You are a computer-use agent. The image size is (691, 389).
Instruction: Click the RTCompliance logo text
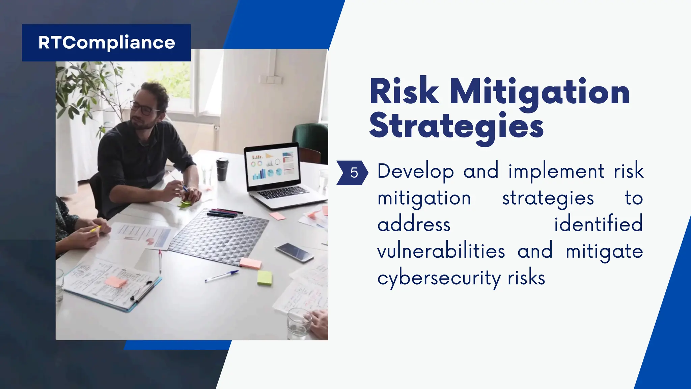(x=107, y=43)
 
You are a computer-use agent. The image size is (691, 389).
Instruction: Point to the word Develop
(x=415, y=172)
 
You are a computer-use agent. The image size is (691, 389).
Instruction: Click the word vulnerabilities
(x=441, y=252)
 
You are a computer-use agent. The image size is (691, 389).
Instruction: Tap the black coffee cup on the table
(x=222, y=168)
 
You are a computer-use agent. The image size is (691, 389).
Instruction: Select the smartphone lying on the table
(x=294, y=252)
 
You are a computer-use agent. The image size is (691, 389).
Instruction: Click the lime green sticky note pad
(x=265, y=278)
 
